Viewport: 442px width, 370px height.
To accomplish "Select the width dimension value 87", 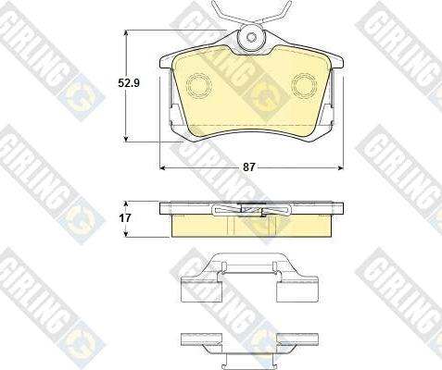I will click(249, 168).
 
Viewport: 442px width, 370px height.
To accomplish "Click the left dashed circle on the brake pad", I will click(199, 85).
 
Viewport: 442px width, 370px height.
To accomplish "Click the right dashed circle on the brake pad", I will click(304, 85).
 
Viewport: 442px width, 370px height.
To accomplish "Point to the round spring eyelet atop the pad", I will click(250, 40).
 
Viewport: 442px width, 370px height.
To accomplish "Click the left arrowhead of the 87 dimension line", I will click(164, 168).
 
